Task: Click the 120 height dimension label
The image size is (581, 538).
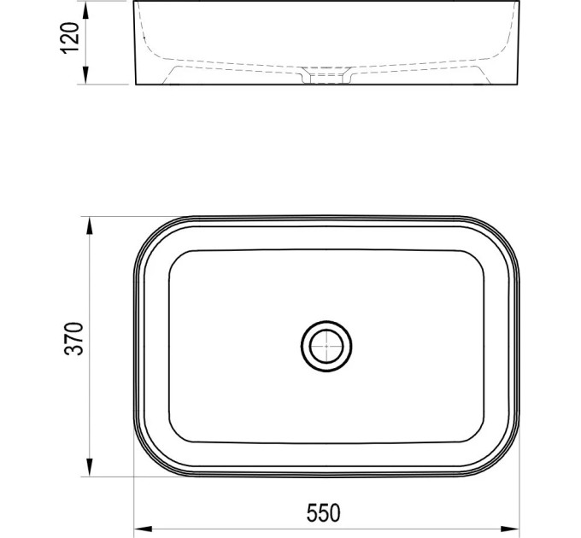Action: (x=70, y=38)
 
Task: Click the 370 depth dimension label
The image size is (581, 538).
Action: (x=73, y=339)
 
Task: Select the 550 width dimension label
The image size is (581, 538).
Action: (x=323, y=513)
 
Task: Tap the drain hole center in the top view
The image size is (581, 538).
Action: (x=326, y=346)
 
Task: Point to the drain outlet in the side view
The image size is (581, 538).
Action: (x=326, y=75)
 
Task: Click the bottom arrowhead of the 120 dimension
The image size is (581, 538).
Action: (x=85, y=75)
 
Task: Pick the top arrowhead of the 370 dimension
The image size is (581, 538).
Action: (x=90, y=225)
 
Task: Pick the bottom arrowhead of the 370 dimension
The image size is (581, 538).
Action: (x=90, y=467)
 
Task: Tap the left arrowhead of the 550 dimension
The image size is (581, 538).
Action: (x=143, y=529)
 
